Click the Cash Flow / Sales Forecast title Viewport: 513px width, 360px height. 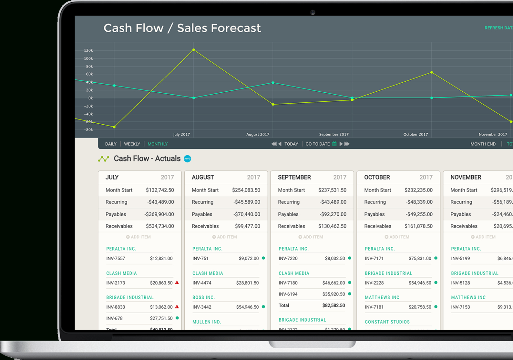pos(182,28)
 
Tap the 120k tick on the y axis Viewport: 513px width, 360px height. pos(88,50)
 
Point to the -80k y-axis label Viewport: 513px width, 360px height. pos(88,130)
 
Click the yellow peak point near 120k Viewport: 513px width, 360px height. pos(194,50)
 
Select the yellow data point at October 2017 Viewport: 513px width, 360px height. pos(431,72)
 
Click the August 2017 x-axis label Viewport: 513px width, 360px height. pos(258,134)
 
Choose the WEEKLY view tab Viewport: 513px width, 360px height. pos(132,144)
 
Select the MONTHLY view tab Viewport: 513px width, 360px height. pos(158,144)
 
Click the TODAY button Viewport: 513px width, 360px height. pos(291,144)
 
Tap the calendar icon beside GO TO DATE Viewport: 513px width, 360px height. pos(334,144)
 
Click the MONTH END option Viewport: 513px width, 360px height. pos(483,144)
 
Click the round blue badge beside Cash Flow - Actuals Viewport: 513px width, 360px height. pos(188,159)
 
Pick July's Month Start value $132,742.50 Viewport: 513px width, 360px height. pos(160,190)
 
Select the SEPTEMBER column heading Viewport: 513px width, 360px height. pos(295,177)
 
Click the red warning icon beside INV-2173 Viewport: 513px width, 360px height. pos(177,283)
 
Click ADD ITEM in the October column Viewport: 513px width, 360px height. pos(397,237)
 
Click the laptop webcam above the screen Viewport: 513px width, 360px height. pos(313,13)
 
